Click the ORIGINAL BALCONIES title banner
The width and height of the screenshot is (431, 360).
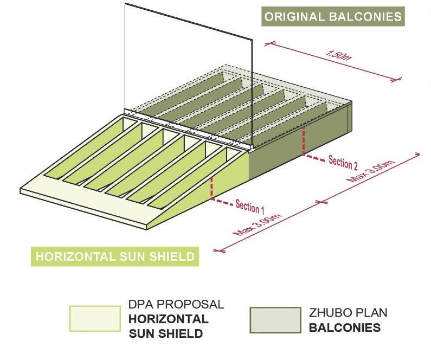[x=333, y=16]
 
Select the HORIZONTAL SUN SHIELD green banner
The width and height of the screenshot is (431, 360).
[x=114, y=256]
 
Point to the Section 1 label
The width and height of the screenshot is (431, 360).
[x=250, y=206]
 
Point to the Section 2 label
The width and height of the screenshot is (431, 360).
[x=343, y=162]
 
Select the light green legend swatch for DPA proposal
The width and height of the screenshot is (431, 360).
[x=95, y=318]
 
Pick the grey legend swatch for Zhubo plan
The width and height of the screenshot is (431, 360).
[x=275, y=320]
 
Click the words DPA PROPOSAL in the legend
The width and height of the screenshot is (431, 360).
[x=176, y=305]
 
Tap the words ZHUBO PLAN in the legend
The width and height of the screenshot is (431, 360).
[x=348, y=313]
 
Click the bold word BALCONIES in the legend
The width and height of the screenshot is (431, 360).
[x=345, y=328]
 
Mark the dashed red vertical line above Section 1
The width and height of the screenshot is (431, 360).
[x=211, y=188]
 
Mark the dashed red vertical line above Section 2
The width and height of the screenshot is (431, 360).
[x=304, y=140]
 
